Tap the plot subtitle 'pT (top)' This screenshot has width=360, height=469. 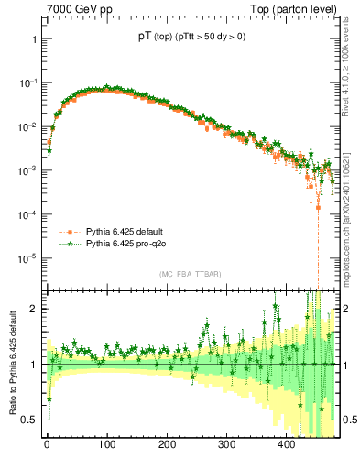pyautogui.click(x=149, y=37)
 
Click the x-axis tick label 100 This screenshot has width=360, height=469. pyautogui.click(x=106, y=446)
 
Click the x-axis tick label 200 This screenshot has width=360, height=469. pyautogui.click(x=167, y=446)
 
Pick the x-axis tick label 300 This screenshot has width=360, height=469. pyautogui.click(x=226, y=446)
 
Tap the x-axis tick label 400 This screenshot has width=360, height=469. pyautogui.click(x=286, y=446)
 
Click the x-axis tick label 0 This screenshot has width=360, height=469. pyautogui.click(x=47, y=446)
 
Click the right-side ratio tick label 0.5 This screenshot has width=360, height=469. pyautogui.click(x=348, y=420)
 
